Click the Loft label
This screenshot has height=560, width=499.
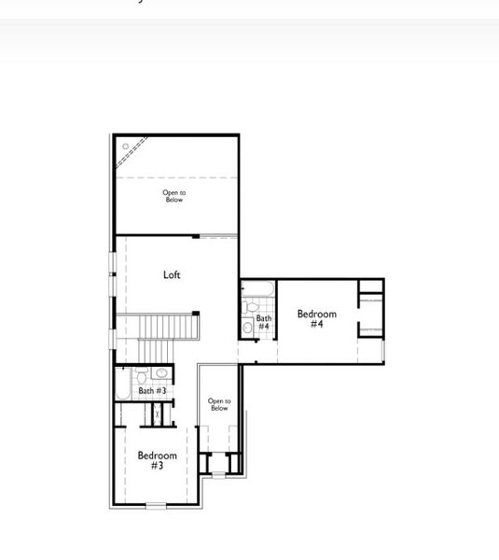(172, 274)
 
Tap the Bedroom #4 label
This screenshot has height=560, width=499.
(316, 319)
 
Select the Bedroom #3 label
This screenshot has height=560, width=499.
(157, 460)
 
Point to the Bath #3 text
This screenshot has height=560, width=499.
(152, 391)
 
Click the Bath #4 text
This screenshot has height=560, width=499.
(264, 322)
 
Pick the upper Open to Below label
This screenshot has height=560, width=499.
(174, 196)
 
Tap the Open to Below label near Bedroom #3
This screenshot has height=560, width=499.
(218, 405)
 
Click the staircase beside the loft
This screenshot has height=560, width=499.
(168, 329)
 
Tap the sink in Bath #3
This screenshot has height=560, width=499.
(160, 373)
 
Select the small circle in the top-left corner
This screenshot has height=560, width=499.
(125, 147)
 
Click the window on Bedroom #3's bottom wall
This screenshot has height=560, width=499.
(156, 506)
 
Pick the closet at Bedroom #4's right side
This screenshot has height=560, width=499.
(371, 315)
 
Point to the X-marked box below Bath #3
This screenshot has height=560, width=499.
(157, 413)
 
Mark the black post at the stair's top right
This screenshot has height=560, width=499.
(196, 313)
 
